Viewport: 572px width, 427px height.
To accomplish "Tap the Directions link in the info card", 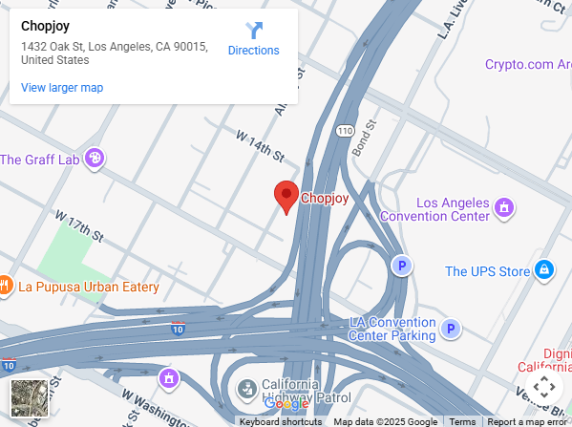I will [x=253, y=51].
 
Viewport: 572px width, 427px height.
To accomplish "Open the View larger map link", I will [x=62, y=88].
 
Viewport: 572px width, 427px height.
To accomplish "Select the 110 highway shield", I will [x=344, y=129].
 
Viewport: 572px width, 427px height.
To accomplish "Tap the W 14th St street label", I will [x=261, y=146].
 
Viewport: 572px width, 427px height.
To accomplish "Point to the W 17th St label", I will [x=77, y=225].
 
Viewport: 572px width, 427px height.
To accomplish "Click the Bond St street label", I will [x=365, y=137].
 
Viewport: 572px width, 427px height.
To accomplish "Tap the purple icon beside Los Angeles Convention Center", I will [x=504, y=205].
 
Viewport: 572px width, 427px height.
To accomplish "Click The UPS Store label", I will [x=487, y=271].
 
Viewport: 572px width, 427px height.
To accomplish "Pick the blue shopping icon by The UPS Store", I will [x=544, y=270].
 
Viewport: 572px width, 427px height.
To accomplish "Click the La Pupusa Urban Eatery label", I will [x=90, y=286].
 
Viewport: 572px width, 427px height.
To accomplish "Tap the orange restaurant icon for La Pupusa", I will [x=4, y=285].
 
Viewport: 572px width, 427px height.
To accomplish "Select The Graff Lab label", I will [x=39, y=160].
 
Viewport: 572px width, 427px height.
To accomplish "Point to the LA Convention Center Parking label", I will [x=392, y=329].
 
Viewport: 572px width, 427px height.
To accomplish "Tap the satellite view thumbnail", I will [x=29, y=397].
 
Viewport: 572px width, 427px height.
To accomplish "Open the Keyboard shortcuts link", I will [x=280, y=421].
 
